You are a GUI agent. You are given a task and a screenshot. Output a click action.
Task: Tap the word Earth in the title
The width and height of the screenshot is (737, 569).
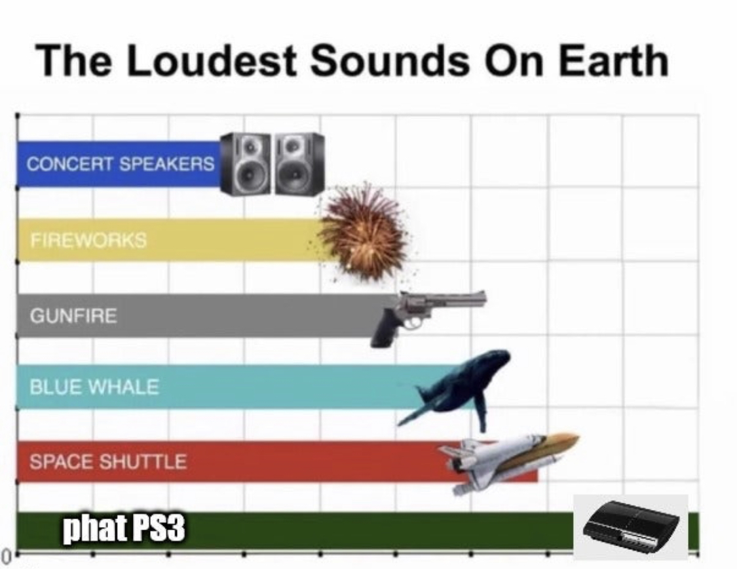click(613, 60)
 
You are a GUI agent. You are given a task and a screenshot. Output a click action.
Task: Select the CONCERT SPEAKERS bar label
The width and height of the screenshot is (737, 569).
click(121, 164)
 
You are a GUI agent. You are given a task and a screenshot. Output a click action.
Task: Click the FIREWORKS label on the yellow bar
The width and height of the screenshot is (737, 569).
click(88, 241)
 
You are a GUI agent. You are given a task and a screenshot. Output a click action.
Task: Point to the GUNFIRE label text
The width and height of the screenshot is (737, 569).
click(73, 315)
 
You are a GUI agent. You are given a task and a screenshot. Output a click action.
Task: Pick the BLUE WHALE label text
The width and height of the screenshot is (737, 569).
click(94, 387)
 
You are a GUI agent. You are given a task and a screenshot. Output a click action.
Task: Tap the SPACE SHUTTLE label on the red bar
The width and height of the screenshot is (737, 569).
click(108, 461)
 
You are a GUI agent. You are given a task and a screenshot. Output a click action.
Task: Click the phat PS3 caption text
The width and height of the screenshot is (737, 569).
click(124, 529)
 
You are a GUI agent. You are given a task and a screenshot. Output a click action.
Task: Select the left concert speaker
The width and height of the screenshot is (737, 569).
click(246, 164)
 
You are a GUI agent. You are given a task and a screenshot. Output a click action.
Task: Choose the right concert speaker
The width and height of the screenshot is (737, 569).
click(299, 164)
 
